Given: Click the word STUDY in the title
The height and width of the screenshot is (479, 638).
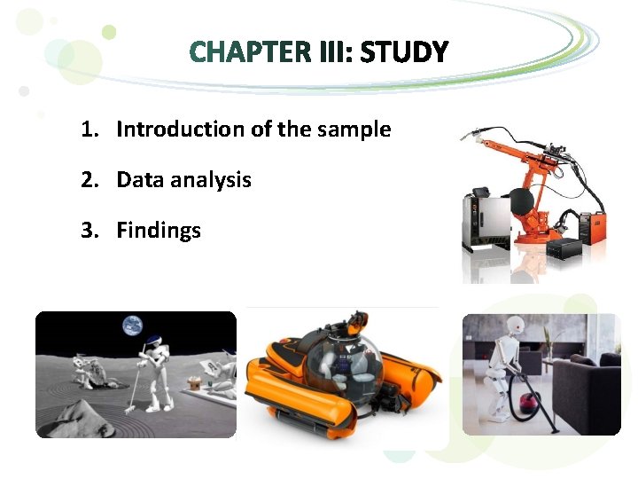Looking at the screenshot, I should [x=404, y=53].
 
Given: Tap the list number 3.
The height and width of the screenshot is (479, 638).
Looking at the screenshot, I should [x=88, y=231].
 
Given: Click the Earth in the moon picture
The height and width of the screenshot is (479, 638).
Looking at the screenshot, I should [x=134, y=326].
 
